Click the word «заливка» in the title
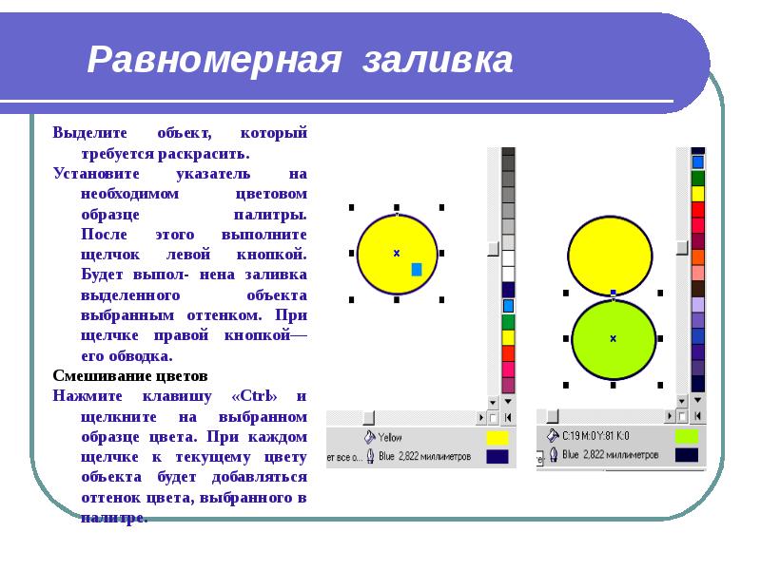[439, 61]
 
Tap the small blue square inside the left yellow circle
[416, 270]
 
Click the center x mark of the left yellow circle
[396, 253]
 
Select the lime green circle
[614, 338]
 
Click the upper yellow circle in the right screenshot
[610, 255]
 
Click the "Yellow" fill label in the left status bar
[390, 438]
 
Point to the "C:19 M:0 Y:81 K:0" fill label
[596, 436]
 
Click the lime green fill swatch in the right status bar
[686, 436]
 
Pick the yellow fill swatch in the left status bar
[497, 438]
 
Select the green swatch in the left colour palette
[508, 321]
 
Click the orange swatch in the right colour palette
[698, 256]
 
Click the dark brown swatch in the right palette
[698, 288]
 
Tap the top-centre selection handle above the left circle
[396, 206]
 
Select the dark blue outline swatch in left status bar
[497, 456]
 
